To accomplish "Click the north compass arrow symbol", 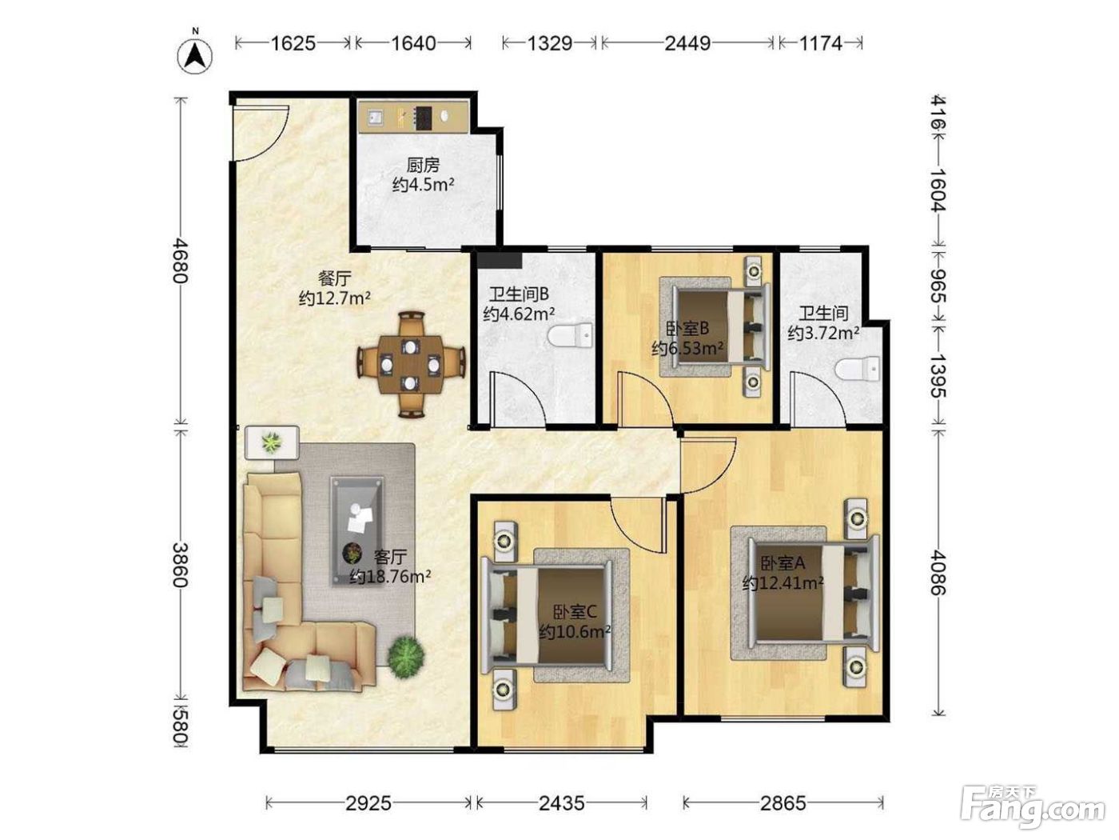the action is coord(195,55).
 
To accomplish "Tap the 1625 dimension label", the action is coord(293,43).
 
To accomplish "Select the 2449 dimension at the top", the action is coord(687,43).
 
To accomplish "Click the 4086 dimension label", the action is coord(938,572).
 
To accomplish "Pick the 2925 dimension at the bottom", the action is coord(368,803).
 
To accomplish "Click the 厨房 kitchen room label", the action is coord(423,165).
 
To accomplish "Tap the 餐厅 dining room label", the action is coord(334,278).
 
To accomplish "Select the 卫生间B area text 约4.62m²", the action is coord(519,314).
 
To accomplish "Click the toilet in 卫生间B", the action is coord(571,335).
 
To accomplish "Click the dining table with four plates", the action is coord(411,365).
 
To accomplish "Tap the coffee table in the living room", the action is coord(357,531).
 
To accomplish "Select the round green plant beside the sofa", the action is coord(406,658).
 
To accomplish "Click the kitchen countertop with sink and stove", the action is coord(413,116).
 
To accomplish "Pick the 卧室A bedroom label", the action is coord(783,562).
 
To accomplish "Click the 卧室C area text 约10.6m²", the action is coord(575,632).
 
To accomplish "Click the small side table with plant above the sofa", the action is coord(272,442).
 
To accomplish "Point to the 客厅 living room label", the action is coord(391,556).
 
